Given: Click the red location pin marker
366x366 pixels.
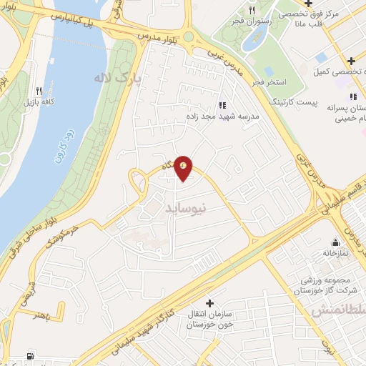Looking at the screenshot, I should coord(184,168).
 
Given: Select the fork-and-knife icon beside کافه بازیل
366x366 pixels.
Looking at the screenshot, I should coord(39,91).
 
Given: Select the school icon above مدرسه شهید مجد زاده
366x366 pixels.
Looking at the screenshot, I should coord(220,103).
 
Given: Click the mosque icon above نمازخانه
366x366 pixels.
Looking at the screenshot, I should coord(335,242).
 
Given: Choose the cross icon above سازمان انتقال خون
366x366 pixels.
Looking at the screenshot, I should coord(209,304).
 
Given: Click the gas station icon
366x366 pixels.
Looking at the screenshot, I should coord(29,356).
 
